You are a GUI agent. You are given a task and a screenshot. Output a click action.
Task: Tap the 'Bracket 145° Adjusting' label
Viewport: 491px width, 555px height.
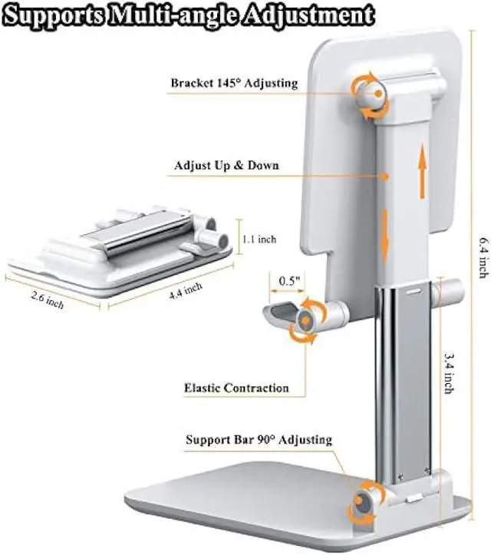click(x=234, y=83)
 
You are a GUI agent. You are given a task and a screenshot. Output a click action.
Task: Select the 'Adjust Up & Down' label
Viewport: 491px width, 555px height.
click(x=226, y=165)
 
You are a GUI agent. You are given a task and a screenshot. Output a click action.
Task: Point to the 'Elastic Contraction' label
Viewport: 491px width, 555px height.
click(x=236, y=388)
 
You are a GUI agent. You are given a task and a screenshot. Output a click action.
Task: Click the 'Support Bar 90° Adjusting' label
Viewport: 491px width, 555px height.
click(x=259, y=440)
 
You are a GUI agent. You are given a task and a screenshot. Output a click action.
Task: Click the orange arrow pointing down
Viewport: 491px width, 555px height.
click(x=386, y=236)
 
